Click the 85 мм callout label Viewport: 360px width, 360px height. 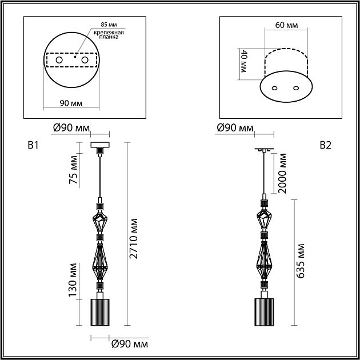(109, 25)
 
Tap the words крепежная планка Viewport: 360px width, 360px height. (109, 34)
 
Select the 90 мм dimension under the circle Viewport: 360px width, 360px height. (71, 103)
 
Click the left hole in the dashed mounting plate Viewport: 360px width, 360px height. (59, 60)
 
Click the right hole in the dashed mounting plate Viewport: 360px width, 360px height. (85, 60)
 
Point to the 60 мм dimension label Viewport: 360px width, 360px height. (286, 25)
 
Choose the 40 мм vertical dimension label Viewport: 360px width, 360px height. (243, 61)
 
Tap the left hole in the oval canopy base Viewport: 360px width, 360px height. (274, 88)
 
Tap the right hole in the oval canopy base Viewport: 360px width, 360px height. (296, 88)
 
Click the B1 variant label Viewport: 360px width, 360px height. (33, 145)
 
